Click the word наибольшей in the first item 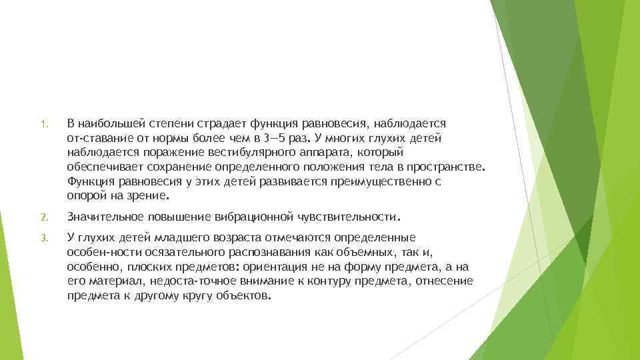pos(109,123)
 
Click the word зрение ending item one pos(151,196)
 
